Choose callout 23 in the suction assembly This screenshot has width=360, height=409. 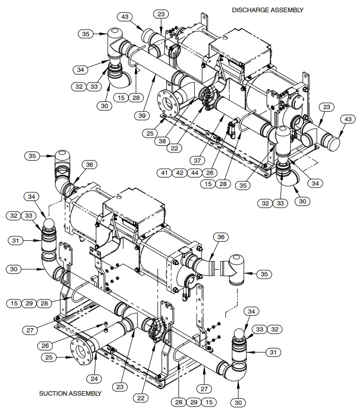(x=119, y=386)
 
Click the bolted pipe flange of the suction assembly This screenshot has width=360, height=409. (x=82, y=351)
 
